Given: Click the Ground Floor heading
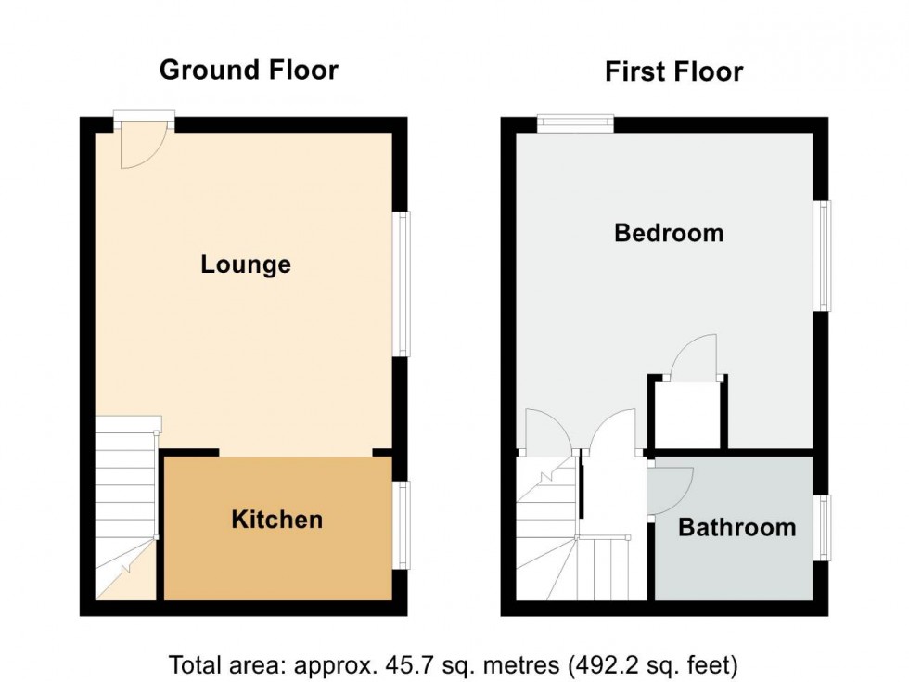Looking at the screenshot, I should pos(249,70).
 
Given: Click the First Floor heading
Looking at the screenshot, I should pos(673,71).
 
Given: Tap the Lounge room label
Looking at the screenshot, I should pos(246,264).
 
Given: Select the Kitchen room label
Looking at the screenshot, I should pos(276,519).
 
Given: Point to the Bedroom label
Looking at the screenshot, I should pos(669,232).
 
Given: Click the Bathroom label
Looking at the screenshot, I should pos(736,528).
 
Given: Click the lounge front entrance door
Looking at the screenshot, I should pos(143,144).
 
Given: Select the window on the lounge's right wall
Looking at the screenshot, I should pos(402,284).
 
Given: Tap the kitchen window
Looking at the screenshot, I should pos(402,524).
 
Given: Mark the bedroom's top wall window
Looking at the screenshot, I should pos(575,123).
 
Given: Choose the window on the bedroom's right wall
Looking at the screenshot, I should pos(823,255).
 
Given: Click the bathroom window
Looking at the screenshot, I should pos(823,528).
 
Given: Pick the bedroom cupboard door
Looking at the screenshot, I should pos(694,357).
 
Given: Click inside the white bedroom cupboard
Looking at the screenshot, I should pos(687,414).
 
